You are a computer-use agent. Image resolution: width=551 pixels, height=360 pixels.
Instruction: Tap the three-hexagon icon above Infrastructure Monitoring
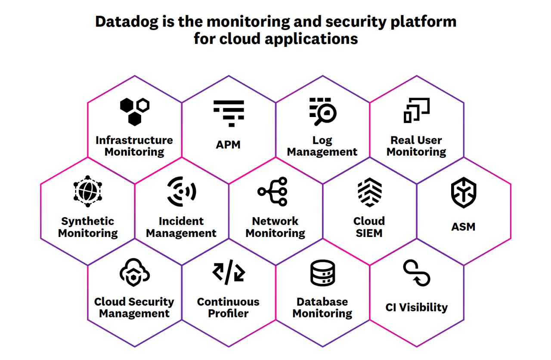(x=135, y=111)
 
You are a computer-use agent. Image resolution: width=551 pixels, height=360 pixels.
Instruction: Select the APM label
(x=228, y=145)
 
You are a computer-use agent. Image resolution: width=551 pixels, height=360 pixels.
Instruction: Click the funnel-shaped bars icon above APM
(x=229, y=113)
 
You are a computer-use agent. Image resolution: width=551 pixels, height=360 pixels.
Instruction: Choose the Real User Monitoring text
(x=416, y=146)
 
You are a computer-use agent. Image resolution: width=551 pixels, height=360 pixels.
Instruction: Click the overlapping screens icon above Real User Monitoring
(x=416, y=110)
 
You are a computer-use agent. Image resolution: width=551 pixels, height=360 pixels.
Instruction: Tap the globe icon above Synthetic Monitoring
(x=88, y=189)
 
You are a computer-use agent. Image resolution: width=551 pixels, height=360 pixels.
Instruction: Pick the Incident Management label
(x=181, y=227)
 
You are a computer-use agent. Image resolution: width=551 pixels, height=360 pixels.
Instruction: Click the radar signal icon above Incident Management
(x=182, y=191)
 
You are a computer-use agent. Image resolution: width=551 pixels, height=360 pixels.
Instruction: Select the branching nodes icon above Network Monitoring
(x=273, y=191)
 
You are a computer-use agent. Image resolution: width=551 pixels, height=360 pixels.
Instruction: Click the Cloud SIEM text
(x=369, y=227)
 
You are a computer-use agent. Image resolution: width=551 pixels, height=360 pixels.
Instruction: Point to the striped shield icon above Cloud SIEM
(x=370, y=192)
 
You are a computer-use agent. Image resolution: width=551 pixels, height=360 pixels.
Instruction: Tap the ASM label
(x=463, y=227)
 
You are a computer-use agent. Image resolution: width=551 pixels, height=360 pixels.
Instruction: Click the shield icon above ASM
(x=464, y=193)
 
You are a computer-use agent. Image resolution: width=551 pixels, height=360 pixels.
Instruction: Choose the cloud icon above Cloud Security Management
(x=134, y=272)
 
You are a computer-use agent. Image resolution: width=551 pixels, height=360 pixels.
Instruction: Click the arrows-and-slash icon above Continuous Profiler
(x=229, y=272)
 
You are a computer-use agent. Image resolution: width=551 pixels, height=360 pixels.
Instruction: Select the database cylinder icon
(x=323, y=273)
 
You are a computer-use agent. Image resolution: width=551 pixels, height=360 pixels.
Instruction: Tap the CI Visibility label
(x=417, y=308)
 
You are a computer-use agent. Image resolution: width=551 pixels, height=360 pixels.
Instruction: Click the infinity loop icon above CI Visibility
(x=417, y=273)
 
